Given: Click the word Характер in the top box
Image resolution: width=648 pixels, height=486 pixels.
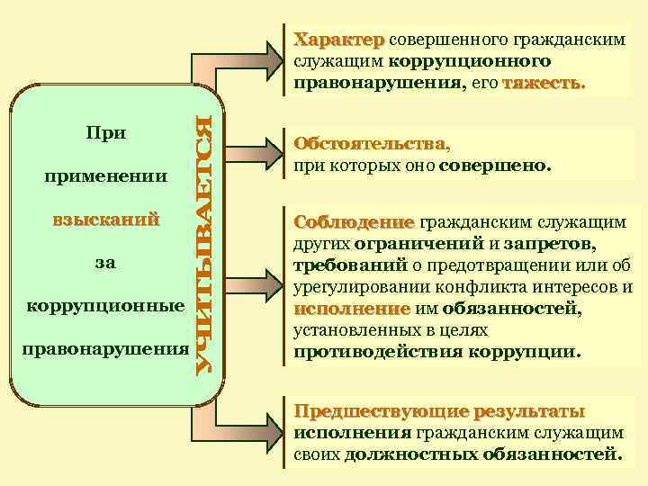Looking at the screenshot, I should point(339,40).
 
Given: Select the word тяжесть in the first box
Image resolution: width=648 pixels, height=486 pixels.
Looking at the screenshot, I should point(544,84).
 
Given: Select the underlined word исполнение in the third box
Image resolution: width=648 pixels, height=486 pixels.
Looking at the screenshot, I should point(339,309).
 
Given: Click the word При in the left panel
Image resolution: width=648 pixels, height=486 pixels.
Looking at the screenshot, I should point(105,132).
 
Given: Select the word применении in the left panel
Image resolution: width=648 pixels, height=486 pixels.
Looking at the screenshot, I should point(105,175).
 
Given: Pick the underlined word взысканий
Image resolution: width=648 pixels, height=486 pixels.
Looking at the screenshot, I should point(105,219).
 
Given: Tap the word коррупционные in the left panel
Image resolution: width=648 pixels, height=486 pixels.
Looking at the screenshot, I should point(105,305).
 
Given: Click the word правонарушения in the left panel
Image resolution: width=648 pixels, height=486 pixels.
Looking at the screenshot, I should point(105,348).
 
